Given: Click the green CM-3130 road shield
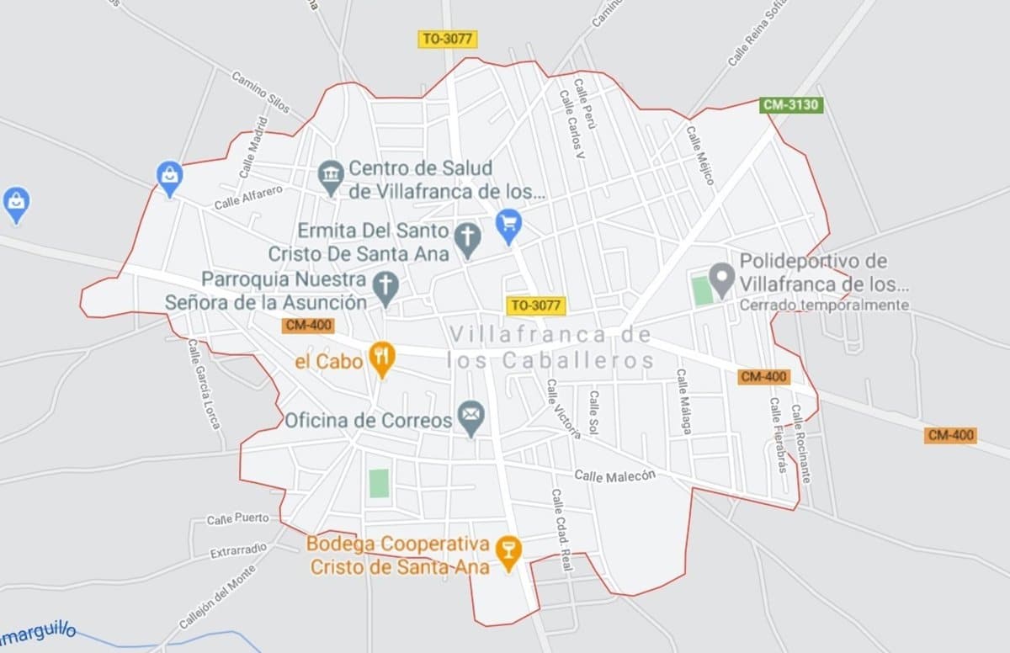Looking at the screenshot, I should click(x=790, y=105).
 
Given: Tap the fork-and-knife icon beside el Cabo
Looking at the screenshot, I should click(x=382, y=359).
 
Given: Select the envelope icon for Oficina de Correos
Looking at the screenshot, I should click(x=471, y=417).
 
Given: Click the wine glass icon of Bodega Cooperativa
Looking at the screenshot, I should click(x=508, y=552).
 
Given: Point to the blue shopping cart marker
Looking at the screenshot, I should click(x=508, y=224).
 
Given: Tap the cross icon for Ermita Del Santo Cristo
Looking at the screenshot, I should click(x=467, y=239).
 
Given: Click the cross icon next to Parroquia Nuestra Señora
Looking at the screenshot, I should click(x=385, y=287).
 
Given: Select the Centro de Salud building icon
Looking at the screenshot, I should click(x=332, y=177).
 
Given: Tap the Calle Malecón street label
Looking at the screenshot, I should click(x=614, y=475).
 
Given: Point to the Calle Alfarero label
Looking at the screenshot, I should click(x=248, y=198).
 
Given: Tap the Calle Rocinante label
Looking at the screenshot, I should click(x=800, y=443).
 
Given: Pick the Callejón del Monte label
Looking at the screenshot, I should click(x=217, y=597).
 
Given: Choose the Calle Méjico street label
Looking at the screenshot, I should click(x=699, y=156).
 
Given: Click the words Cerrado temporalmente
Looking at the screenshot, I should click(x=824, y=305).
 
